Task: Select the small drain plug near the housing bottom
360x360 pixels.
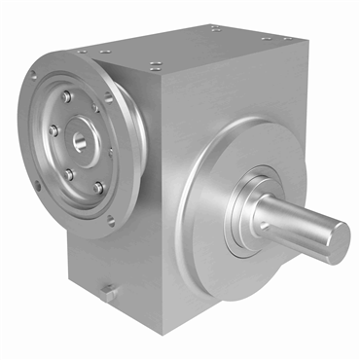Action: point(110,291)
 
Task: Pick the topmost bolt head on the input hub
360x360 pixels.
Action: point(65,97)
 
